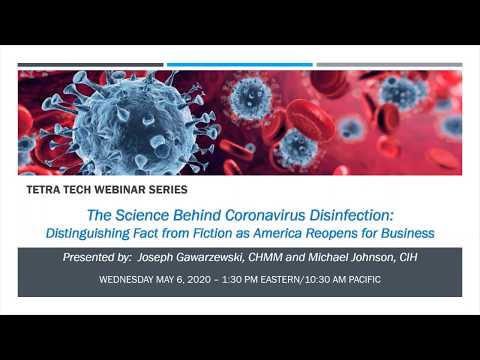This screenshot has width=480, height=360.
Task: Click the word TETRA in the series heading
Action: pyautogui.click(x=46, y=188)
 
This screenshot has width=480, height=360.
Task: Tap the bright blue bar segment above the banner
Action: pyautogui.click(x=240, y=65)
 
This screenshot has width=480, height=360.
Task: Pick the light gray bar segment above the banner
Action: pyautogui.click(x=389, y=65)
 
